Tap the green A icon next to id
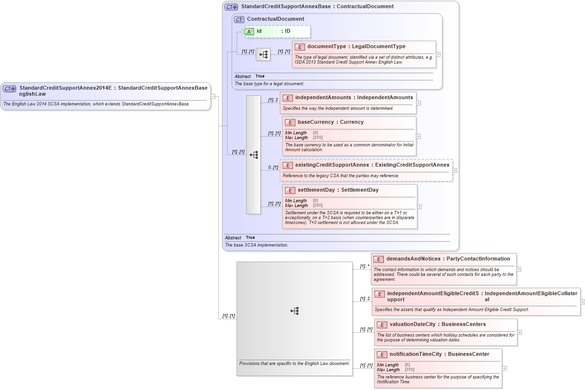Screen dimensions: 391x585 click(x=249, y=31)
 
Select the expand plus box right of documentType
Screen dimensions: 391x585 click(x=438, y=54)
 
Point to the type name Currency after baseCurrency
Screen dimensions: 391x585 click(x=352, y=122)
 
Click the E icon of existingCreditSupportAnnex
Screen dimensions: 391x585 click(x=288, y=165)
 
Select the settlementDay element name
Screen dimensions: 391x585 click(x=316, y=190)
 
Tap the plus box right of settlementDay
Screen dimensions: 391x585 click(x=420, y=207)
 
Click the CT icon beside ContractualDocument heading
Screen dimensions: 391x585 click(x=239, y=19)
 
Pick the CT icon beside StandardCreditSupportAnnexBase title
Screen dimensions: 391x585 click(x=231, y=7)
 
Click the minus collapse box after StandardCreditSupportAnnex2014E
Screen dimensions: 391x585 click(x=213, y=96)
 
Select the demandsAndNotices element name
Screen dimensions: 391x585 click(x=413, y=259)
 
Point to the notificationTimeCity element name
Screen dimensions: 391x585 click(x=416, y=354)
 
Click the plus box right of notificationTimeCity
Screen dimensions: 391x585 click(x=504, y=368)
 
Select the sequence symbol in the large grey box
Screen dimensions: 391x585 click(x=295, y=311)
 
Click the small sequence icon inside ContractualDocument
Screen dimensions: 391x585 click(x=263, y=55)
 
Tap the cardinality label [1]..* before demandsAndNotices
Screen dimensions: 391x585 click(x=365, y=266)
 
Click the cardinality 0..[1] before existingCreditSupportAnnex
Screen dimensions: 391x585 click(x=273, y=168)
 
